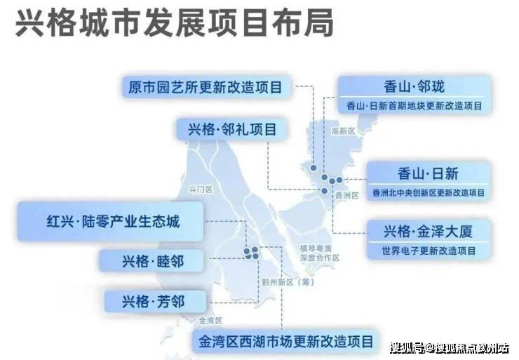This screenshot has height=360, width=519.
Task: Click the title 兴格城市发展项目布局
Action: point(175,23)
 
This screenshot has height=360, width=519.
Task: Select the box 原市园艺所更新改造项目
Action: point(205,88)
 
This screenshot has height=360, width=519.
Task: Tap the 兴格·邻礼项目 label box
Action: point(231,129)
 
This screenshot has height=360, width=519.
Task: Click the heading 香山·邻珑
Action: point(414,87)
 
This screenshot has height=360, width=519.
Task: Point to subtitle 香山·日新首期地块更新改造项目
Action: point(414,106)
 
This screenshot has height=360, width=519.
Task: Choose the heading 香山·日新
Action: point(428,173)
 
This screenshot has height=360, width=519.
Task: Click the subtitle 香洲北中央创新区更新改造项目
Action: point(429,192)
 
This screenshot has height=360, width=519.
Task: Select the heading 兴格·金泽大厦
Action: point(428,232)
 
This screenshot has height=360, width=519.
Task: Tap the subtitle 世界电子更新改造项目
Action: point(429,251)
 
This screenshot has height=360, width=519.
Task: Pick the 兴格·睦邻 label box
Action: point(152,261)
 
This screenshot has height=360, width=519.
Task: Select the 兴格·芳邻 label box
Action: point(155,301)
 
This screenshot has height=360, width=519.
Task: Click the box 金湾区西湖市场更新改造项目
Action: point(286,342)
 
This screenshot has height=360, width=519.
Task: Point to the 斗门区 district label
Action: point(201,189)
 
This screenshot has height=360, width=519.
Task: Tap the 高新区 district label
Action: point(343,131)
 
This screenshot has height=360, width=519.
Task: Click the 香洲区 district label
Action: point(347,195)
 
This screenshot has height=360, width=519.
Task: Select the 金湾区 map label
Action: point(210,321)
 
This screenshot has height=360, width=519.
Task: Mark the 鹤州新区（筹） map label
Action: point(288,283)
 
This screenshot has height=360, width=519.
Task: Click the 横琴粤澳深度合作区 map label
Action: point(319,253)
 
